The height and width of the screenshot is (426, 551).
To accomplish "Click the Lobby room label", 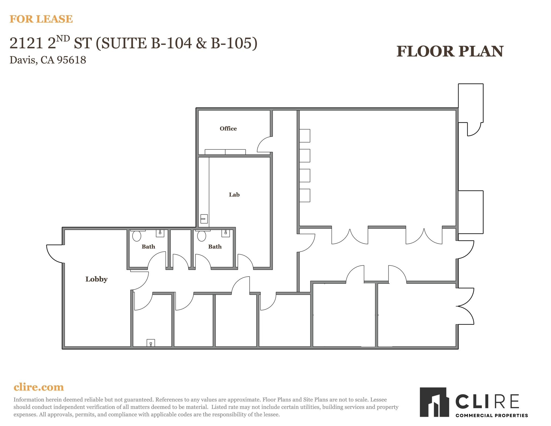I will (x=96, y=279).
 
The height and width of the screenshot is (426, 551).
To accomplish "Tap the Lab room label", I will (x=234, y=195).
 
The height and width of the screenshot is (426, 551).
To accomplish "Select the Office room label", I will (x=228, y=129).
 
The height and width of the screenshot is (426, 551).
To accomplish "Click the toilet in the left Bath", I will (x=137, y=236).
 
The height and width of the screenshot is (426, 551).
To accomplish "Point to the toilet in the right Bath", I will (x=202, y=236).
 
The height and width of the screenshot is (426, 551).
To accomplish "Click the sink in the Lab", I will (x=204, y=219).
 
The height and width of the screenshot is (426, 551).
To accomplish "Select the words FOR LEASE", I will (x=41, y=19).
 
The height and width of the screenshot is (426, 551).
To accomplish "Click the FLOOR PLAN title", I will (x=450, y=51).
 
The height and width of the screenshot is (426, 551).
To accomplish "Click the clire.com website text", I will (x=39, y=387).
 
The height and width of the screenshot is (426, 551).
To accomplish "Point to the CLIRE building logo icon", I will (x=434, y=402).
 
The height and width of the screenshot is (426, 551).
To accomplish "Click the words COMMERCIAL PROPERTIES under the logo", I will (x=492, y=415).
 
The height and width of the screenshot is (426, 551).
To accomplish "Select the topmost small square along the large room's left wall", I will (x=305, y=136).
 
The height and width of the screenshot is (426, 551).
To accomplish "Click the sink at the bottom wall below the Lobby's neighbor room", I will (x=151, y=343).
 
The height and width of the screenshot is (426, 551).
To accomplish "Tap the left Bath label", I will (x=148, y=247).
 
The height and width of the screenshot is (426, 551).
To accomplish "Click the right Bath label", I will (x=215, y=247).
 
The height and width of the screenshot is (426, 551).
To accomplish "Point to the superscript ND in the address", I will (x=63, y=39).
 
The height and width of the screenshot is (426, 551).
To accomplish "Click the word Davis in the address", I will (x=23, y=60).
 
